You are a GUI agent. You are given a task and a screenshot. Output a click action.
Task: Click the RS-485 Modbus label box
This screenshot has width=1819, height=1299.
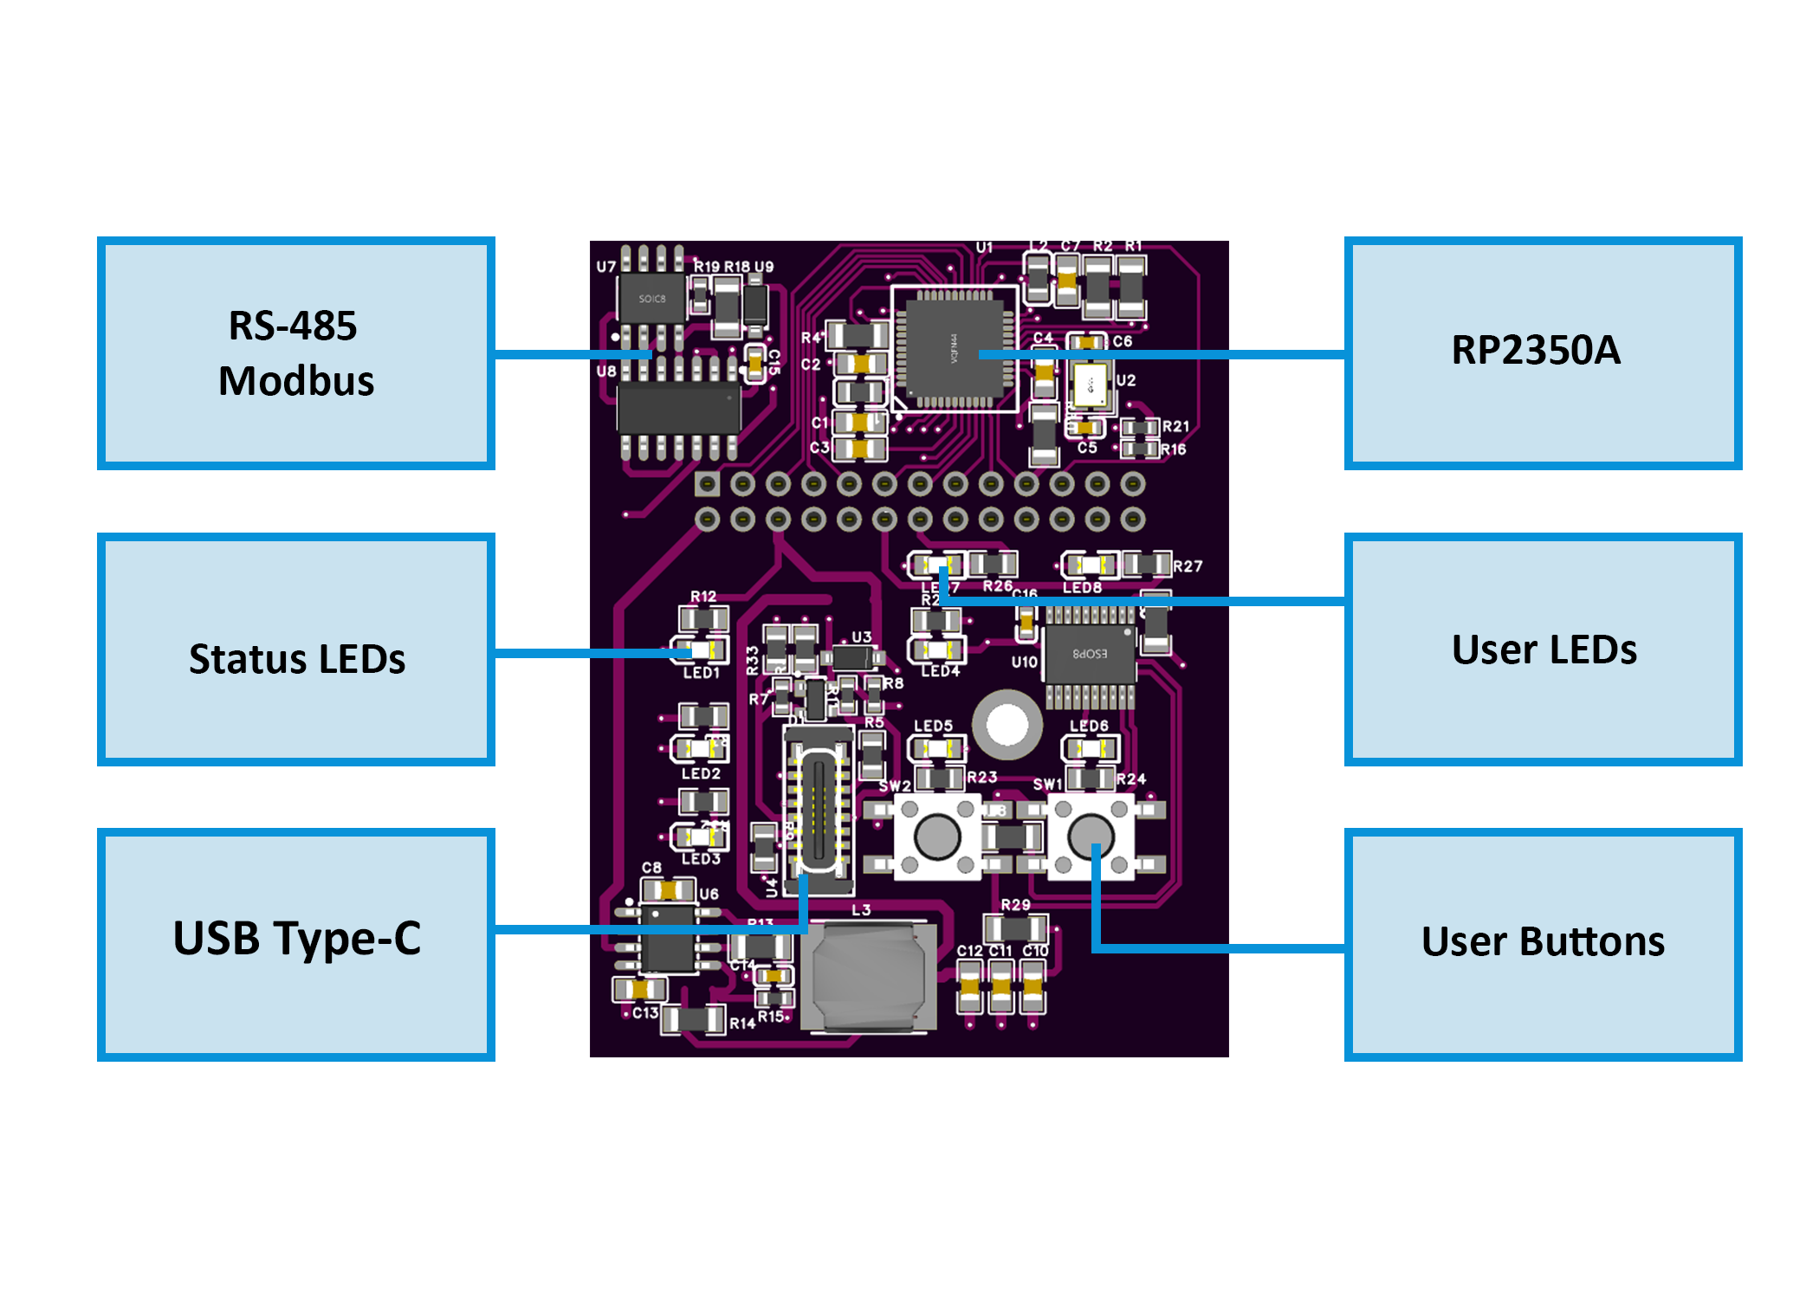tap(295, 353)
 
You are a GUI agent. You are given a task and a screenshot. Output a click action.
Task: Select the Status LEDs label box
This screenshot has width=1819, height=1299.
tap(295, 649)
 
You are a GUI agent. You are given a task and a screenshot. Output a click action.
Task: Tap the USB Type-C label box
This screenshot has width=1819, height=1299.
tap(295, 944)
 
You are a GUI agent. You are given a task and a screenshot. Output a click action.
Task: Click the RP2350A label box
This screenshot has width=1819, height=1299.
tap(1542, 353)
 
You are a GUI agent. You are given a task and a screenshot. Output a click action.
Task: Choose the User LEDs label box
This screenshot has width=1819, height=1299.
tap(1542, 649)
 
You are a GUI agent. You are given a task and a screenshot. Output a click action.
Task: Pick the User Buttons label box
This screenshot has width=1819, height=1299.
tap(1542, 944)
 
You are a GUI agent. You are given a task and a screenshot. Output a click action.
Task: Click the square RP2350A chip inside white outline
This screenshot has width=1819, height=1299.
tap(955, 348)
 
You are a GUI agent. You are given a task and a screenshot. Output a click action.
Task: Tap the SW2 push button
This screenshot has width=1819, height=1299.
tap(936, 836)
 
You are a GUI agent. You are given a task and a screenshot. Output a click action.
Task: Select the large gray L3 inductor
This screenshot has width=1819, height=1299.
tap(868, 976)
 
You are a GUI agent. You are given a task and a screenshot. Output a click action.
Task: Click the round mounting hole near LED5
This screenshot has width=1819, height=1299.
tap(1007, 725)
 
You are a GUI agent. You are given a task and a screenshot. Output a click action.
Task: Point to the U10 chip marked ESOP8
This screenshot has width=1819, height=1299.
tap(1090, 654)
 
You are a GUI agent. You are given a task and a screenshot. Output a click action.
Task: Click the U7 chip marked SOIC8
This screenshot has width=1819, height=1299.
tap(651, 299)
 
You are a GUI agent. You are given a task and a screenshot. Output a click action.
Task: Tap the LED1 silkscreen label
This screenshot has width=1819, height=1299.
tap(701, 673)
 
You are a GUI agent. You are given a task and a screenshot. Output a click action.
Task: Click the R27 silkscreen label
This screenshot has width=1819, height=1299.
tap(1188, 566)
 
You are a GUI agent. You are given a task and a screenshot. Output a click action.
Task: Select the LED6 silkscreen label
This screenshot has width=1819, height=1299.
tap(1089, 726)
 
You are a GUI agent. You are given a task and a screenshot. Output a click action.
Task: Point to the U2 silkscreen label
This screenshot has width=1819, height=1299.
tap(1125, 380)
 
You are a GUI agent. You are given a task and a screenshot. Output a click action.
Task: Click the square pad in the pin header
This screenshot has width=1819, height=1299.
tap(707, 483)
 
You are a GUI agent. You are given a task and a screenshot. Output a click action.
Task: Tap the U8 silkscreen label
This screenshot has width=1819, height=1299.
tap(605, 371)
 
